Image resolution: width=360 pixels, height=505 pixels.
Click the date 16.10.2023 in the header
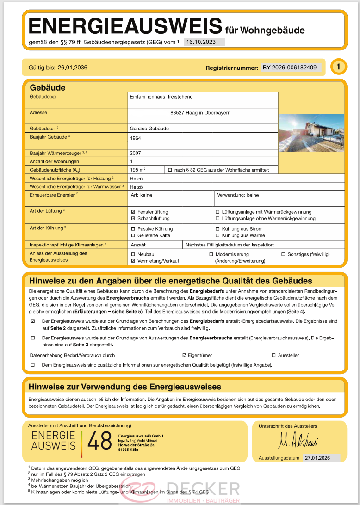point(204,42)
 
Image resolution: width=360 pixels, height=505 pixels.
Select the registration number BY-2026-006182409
point(290,68)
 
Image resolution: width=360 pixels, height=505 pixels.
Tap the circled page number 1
point(338,67)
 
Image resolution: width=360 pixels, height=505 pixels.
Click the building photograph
point(311,133)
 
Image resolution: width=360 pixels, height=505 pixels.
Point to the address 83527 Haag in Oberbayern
point(200,112)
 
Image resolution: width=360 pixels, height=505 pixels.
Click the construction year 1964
point(136,138)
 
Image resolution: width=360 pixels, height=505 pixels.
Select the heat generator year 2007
point(136,153)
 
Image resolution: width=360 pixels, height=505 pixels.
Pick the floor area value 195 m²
point(138,170)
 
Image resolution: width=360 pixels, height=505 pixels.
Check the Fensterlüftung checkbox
point(133,212)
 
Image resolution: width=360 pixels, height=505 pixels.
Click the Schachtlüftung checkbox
point(133,218)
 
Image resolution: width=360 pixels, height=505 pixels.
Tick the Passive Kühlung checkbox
point(133,229)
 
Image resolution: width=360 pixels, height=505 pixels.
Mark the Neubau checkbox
point(133,254)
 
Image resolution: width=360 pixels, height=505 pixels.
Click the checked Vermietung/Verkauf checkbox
point(133,261)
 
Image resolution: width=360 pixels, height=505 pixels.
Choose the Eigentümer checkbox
point(185,355)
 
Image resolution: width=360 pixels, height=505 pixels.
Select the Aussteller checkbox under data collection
point(273,355)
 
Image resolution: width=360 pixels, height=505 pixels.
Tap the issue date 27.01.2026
point(321,458)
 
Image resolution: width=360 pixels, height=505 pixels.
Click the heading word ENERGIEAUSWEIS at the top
point(125,26)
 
